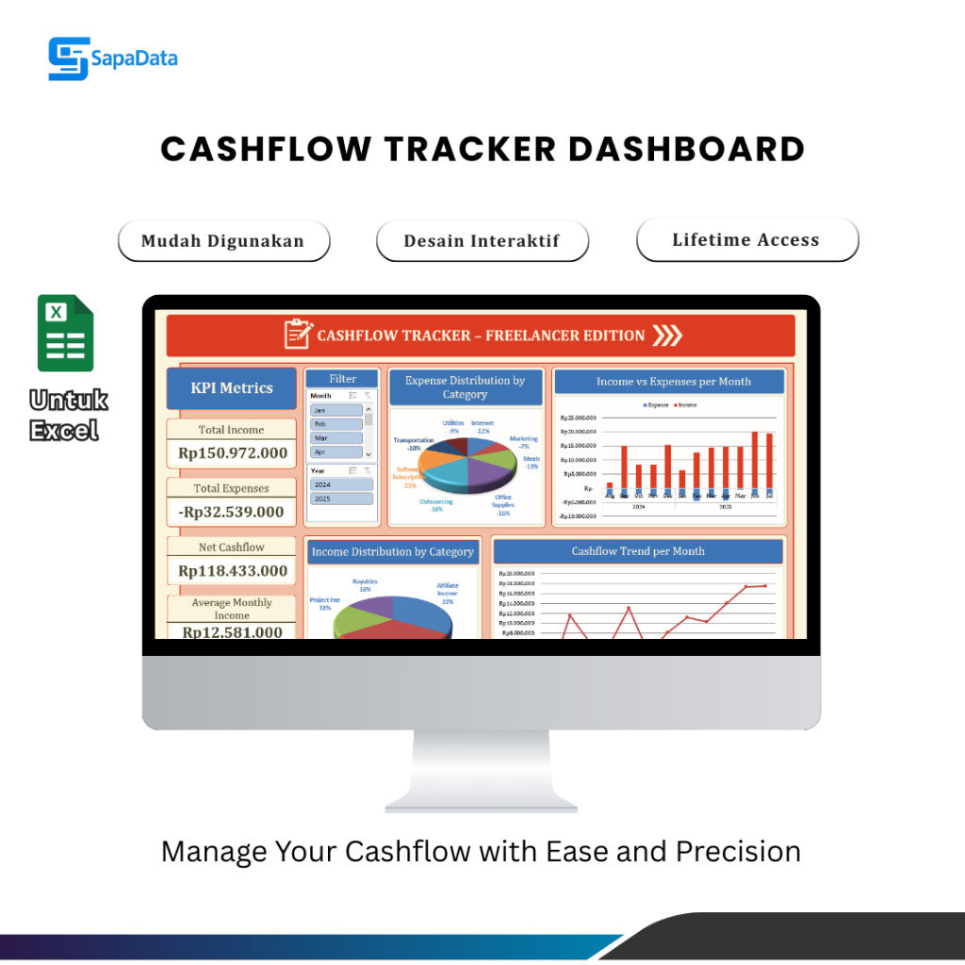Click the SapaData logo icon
pyautogui.click(x=68, y=58)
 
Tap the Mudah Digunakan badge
pyautogui.click(x=223, y=240)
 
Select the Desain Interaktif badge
pyautogui.click(x=482, y=240)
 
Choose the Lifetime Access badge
pyautogui.click(x=746, y=239)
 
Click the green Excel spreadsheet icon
pyautogui.click(x=65, y=333)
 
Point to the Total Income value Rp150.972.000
pyautogui.click(x=233, y=453)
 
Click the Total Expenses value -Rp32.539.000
pyautogui.click(x=233, y=512)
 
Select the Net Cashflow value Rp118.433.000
pyautogui.click(x=233, y=570)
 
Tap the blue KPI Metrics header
pyautogui.click(x=232, y=387)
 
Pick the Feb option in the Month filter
pyautogui.click(x=335, y=424)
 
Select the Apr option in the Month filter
pyautogui.click(x=335, y=452)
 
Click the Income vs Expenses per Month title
pyautogui.click(x=673, y=382)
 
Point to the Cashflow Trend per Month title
pyautogui.click(x=638, y=551)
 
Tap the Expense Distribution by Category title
pyautogui.click(x=465, y=387)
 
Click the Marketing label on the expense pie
pyautogui.click(x=523, y=439)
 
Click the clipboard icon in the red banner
pyautogui.click(x=298, y=335)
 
